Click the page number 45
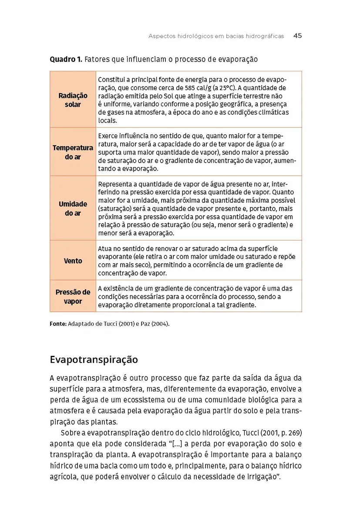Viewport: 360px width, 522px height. (297, 36)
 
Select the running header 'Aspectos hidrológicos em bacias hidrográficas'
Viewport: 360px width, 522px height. (216, 37)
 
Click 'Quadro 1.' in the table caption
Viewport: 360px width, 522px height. (66, 59)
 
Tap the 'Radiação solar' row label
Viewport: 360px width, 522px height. (73, 100)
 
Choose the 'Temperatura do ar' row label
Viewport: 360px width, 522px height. (73, 152)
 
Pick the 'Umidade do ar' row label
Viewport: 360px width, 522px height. (73, 209)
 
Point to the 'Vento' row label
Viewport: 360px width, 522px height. (73, 261)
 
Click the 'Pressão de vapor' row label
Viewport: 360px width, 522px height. (73, 297)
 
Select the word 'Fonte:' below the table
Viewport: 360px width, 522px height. (58, 324)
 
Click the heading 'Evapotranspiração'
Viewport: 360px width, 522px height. (94, 360)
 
